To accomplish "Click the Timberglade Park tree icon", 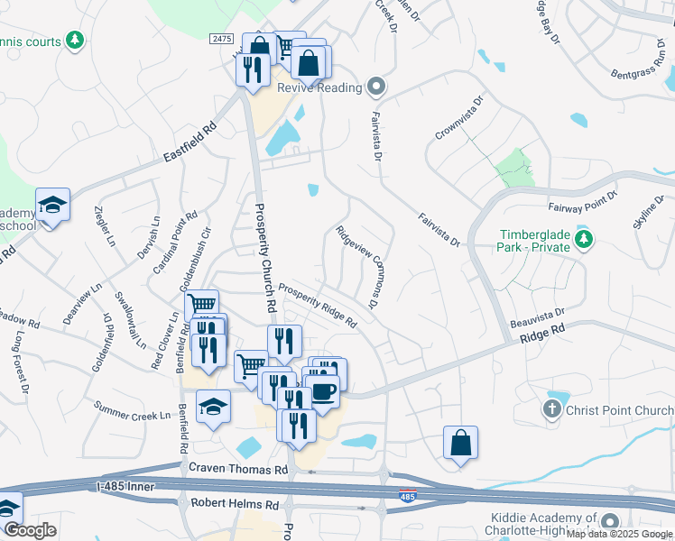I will pyautogui.click(x=585, y=239).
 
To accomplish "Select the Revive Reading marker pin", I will pyautogui.click(x=377, y=87).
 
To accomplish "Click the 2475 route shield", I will pyautogui.click(x=221, y=39).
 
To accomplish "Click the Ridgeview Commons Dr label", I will pyautogui.click(x=356, y=262).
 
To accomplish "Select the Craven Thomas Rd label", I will pyautogui.click(x=238, y=469).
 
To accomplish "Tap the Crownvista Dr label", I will pyautogui.click(x=458, y=118).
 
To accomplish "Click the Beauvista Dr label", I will pyautogui.click(x=536, y=315).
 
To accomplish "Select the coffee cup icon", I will pyautogui.click(x=323, y=391).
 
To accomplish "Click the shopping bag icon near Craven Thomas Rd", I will pyautogui.click(x=460, y=443).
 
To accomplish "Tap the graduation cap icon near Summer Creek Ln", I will pyautogui.click(x=214, y=407).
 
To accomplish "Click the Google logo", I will pyautogui.click(x=29, y=530).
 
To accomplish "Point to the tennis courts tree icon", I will pyautogui.click(x=76, y=41).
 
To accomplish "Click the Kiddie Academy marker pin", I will pyautogui.click(x=610, y=521).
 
